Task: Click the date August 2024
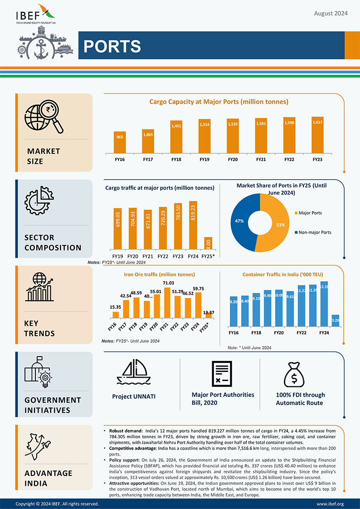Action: tap(331, 14)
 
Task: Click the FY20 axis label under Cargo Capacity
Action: tap(233, 159)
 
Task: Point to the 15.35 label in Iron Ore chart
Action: tap(115, 307)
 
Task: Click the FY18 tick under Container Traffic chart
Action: tap(256, 333)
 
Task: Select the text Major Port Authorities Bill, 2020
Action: tap(223, 398)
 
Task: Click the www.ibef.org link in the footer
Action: tap(330, 504)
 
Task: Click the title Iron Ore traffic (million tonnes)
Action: tap(159, 274)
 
